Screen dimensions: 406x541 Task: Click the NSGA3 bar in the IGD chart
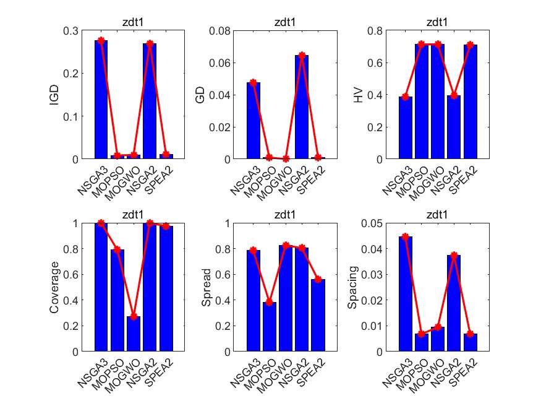pyautogui.click(x=101, y=100)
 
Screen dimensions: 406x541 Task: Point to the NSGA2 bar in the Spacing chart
pyautogui.click(x=454, y=303)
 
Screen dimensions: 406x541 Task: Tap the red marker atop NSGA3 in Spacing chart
pyautogui.click(x=406, y=236)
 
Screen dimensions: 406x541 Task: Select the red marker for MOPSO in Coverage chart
pyautogui.click(x=117, y=250)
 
